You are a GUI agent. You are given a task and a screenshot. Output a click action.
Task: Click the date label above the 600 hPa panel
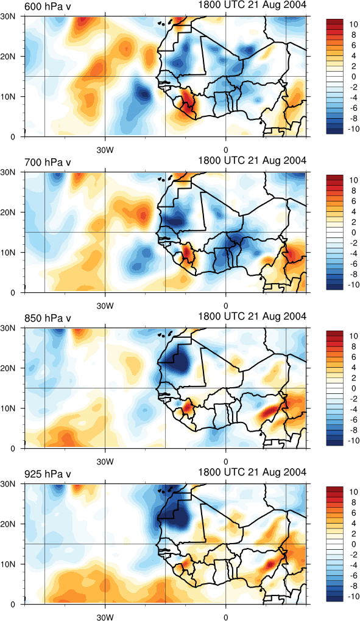252,5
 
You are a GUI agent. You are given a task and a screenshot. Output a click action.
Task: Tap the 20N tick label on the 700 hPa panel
15,212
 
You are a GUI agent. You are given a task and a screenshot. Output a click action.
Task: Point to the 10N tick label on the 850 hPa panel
15,409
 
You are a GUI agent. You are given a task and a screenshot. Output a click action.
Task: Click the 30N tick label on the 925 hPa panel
15,484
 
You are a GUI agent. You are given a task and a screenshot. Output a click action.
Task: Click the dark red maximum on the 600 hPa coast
188,103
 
